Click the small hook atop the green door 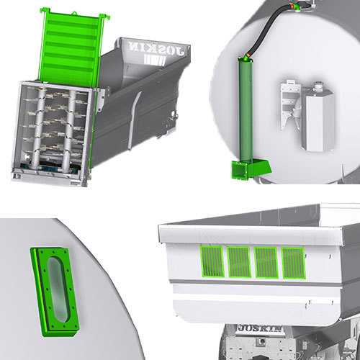pos(45,9)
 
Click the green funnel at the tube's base pos(240,169)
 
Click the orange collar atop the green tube pos(247,58)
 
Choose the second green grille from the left pos(238,262)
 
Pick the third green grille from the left pos(266,263)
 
